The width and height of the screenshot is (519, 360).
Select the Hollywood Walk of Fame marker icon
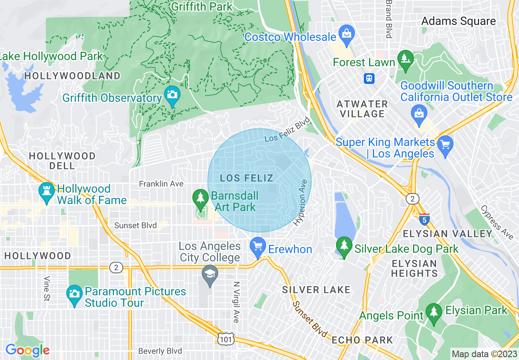coord(46,192)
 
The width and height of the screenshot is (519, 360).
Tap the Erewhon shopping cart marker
coord(257,247)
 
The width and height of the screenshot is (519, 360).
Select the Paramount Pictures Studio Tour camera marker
coord(74,295)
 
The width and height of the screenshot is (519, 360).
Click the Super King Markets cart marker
coord(445,144)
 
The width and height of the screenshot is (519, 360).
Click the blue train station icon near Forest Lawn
coord(369,78)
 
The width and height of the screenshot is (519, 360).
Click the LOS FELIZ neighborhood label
coord(246,178)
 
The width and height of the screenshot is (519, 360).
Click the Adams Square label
coord(458,21)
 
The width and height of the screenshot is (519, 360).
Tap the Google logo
coord(28,350)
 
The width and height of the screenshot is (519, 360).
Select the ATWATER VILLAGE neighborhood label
coord(362,109)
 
